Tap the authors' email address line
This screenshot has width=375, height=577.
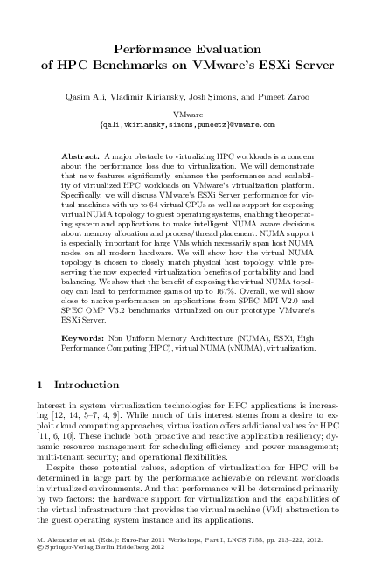point(187,124)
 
